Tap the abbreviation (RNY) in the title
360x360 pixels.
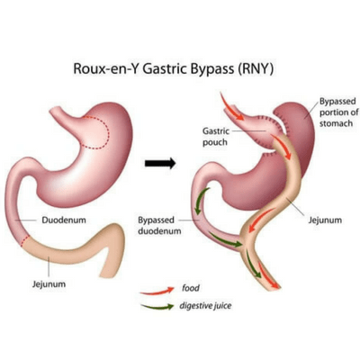click(256, 68)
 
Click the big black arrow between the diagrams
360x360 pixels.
click(160, 163)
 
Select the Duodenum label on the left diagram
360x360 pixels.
click(64, 220)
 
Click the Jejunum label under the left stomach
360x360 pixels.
click(49, 283)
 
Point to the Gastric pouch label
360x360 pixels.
click(215, 137)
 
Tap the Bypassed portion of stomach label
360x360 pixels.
click(338, 112)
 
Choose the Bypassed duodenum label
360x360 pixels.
click(159, 226)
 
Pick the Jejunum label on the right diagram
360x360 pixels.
click(325, 220)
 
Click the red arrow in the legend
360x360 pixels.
click(157, 291)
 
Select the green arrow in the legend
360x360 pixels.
click(157, 307)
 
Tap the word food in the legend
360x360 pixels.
click(191, 288)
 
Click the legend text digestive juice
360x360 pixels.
click(205, 306)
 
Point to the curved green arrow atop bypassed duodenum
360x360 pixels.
click(201, 201)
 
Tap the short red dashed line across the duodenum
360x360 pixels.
click(25, 241)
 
